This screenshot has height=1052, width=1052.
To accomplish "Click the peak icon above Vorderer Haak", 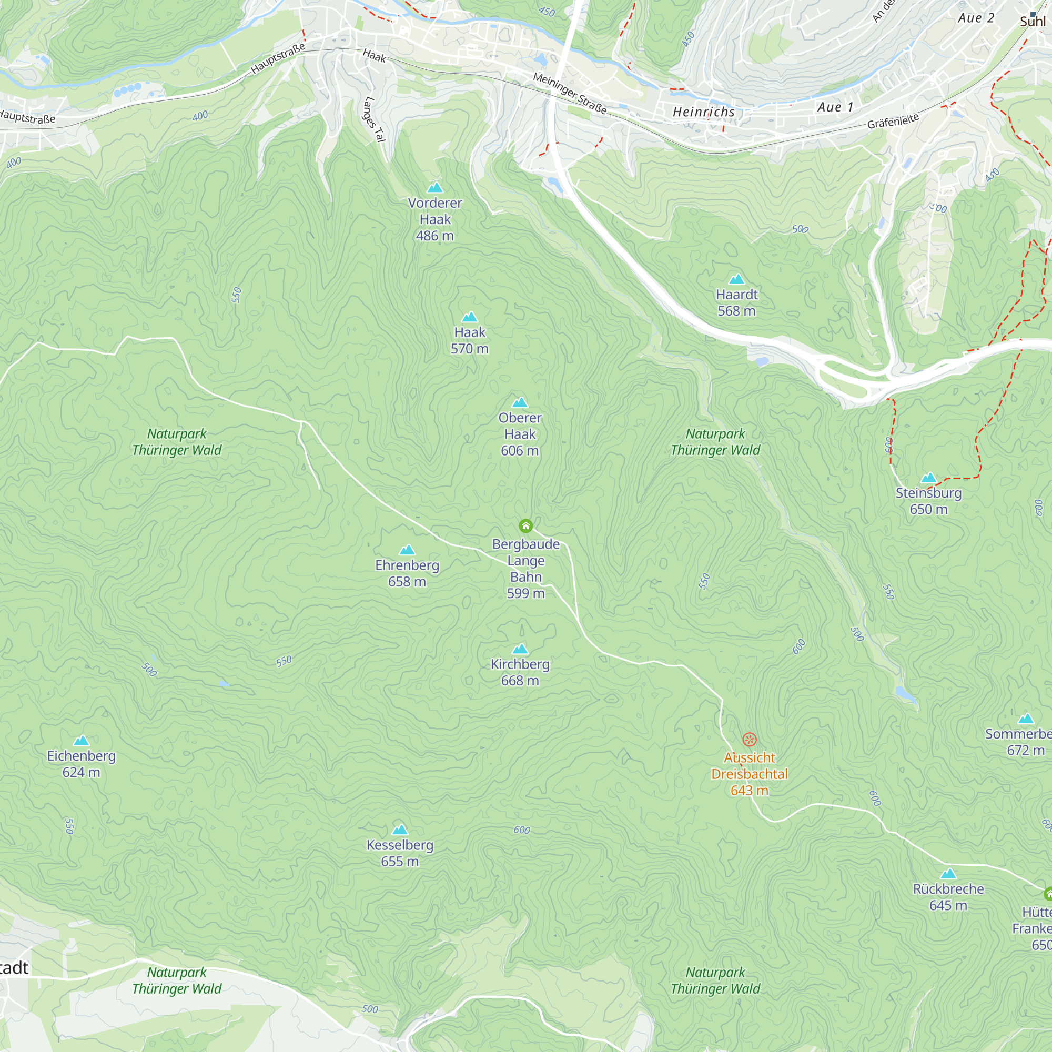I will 434,188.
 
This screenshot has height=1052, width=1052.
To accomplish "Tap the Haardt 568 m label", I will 736,303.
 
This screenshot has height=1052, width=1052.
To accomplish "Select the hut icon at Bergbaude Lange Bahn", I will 525,525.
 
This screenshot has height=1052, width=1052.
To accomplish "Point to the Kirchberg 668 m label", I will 520,672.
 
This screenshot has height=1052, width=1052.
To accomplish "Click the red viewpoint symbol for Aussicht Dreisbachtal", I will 749,739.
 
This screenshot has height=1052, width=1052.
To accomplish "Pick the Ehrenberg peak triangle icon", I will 407,550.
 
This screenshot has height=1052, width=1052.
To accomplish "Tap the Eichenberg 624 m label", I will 81,763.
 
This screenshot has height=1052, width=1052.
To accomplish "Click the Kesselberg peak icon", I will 400,830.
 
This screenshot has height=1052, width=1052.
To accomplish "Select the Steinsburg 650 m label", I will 928,501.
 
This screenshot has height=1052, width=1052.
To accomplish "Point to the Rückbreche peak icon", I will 948,874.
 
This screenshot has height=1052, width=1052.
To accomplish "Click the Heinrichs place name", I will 703,112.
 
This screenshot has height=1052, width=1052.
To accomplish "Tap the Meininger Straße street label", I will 570,93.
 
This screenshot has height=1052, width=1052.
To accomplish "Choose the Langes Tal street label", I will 374,119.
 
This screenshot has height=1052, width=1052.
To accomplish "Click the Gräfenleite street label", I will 893,121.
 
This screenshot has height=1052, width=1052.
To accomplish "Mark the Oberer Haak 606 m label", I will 520,434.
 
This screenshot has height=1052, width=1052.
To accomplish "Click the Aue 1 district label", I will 835,107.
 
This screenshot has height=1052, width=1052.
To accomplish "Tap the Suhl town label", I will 1033,21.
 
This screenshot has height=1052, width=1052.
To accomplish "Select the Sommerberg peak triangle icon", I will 1026,719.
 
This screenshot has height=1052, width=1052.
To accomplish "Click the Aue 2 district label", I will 976,18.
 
